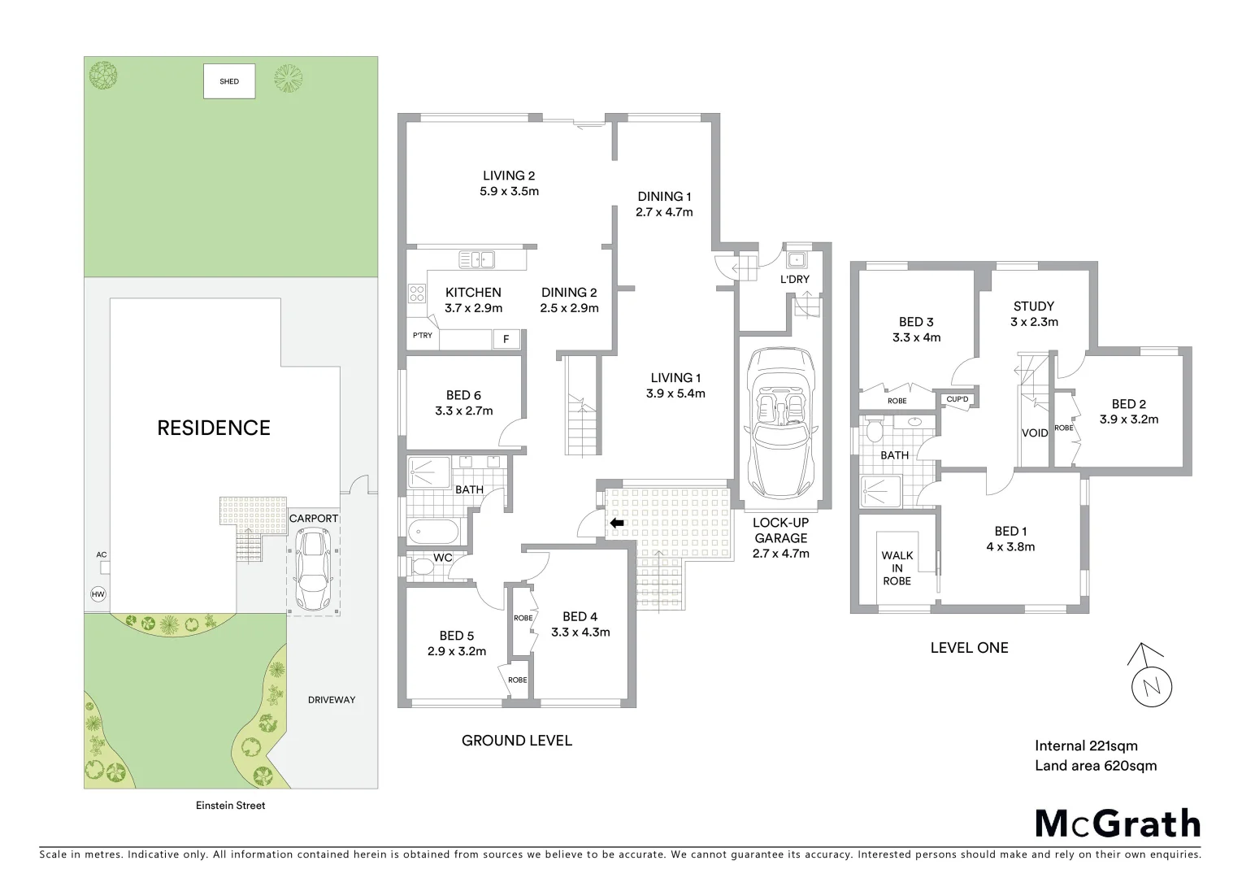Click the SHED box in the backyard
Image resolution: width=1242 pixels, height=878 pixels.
[x=229, y=81]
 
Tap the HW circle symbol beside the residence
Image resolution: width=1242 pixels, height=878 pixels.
[x=98, y=594]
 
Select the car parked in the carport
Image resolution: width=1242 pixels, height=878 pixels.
[x=313, y=570]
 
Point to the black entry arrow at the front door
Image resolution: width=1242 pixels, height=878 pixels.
[x=617, y=524]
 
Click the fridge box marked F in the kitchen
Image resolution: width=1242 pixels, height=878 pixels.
[x=506, y=339]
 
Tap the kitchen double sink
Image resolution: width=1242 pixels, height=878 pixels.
[x=477, y=260]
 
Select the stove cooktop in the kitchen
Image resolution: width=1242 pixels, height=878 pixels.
[x=417, y=293]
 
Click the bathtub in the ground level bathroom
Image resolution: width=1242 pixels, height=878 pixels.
[x=434, y=533]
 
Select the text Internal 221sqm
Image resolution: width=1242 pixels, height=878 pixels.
[x=1086, y=745]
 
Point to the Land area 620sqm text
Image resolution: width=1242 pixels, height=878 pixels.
[x=1095, y=766]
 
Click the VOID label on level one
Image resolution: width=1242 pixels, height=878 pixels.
[x=1034, y=433]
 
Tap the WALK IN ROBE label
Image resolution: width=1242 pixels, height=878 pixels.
[x=897, y=568]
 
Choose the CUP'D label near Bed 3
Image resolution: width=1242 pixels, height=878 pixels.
[x=957, y=399]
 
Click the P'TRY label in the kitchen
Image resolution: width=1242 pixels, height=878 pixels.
[x=422, y=336]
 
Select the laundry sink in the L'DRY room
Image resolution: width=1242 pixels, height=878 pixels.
[x=796, y=259]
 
